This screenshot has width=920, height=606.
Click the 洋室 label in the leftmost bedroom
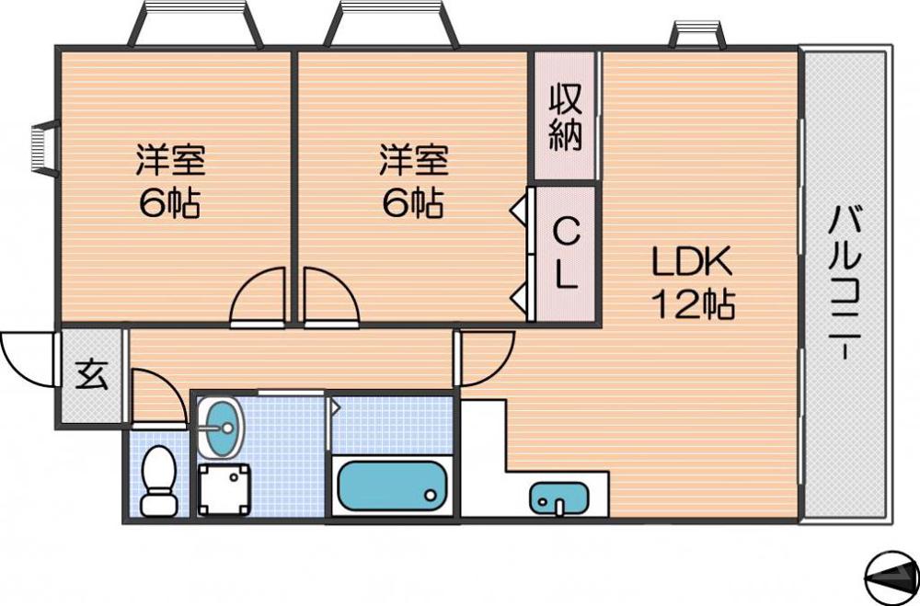click(170, 161)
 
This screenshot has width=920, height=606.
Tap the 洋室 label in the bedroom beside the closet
click(413, 161)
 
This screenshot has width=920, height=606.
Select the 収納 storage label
click(566, 117)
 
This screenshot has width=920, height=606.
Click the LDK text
click(692, 263)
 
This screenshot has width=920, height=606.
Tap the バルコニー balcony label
click(845, 284)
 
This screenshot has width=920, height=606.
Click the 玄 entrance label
click(90, 376)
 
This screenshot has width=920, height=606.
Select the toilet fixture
click(160, 480)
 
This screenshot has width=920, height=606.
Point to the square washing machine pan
click(224, 488)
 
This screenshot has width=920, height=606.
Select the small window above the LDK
click(696, 35)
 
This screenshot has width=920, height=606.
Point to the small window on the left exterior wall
click(40, 146)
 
